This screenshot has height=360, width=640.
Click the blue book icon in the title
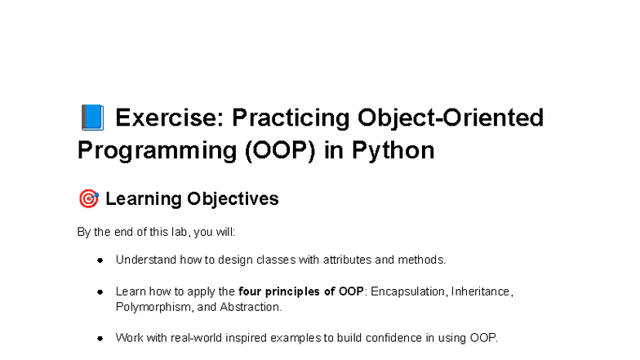92,118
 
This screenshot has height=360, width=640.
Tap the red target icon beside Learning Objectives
88,199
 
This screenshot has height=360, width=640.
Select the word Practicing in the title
291,118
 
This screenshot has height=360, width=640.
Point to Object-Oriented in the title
451,118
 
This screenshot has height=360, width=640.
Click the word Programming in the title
157,151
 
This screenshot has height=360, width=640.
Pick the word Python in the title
393,151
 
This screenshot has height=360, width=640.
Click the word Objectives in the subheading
233,199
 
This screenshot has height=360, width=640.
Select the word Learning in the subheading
144,199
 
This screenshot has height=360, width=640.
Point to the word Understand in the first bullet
145,260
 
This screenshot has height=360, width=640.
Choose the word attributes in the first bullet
347,260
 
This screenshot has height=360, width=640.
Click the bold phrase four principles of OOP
300,291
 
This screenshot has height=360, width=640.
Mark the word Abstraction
250,307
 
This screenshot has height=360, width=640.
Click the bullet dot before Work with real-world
100,338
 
